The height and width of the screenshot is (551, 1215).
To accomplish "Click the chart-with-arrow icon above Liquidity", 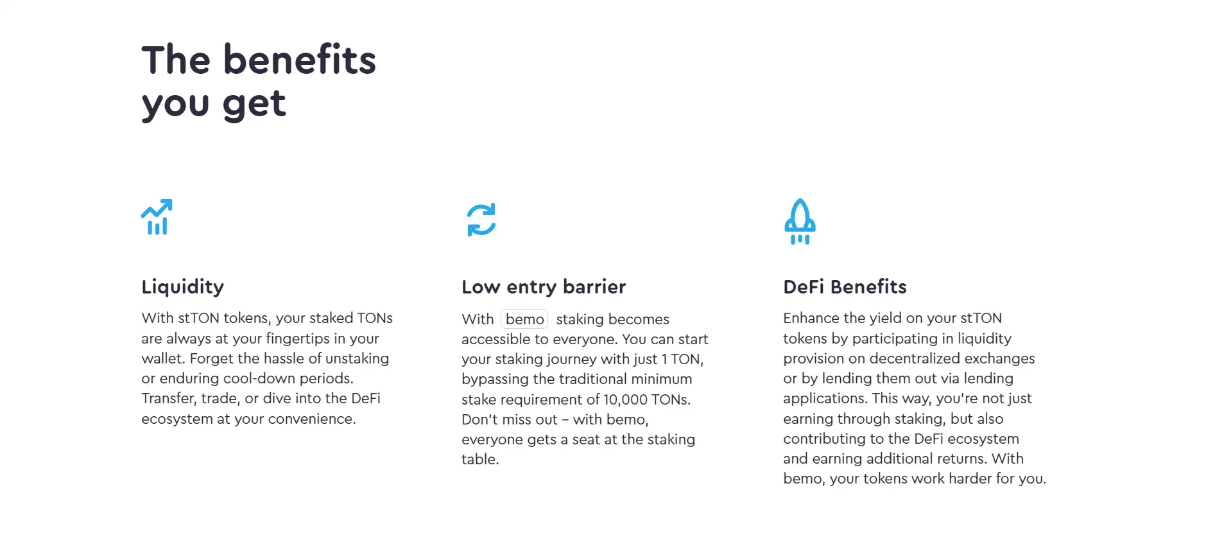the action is (157, 217).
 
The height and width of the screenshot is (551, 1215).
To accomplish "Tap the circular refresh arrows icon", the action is (481, 220).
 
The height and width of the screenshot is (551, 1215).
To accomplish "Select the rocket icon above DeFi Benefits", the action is (800, 222).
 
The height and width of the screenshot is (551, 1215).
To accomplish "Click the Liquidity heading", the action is (183, 287).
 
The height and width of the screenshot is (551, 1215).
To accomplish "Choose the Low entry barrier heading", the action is (544, 287).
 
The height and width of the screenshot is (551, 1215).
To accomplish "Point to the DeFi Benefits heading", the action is (845, 286).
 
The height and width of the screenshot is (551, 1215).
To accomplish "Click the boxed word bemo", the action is (524, 319).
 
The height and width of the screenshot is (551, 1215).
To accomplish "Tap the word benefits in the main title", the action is (300, 60).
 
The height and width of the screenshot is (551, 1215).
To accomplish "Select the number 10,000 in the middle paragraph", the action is (625, 399).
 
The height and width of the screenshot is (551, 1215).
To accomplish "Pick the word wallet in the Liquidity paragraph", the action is (162, 358).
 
